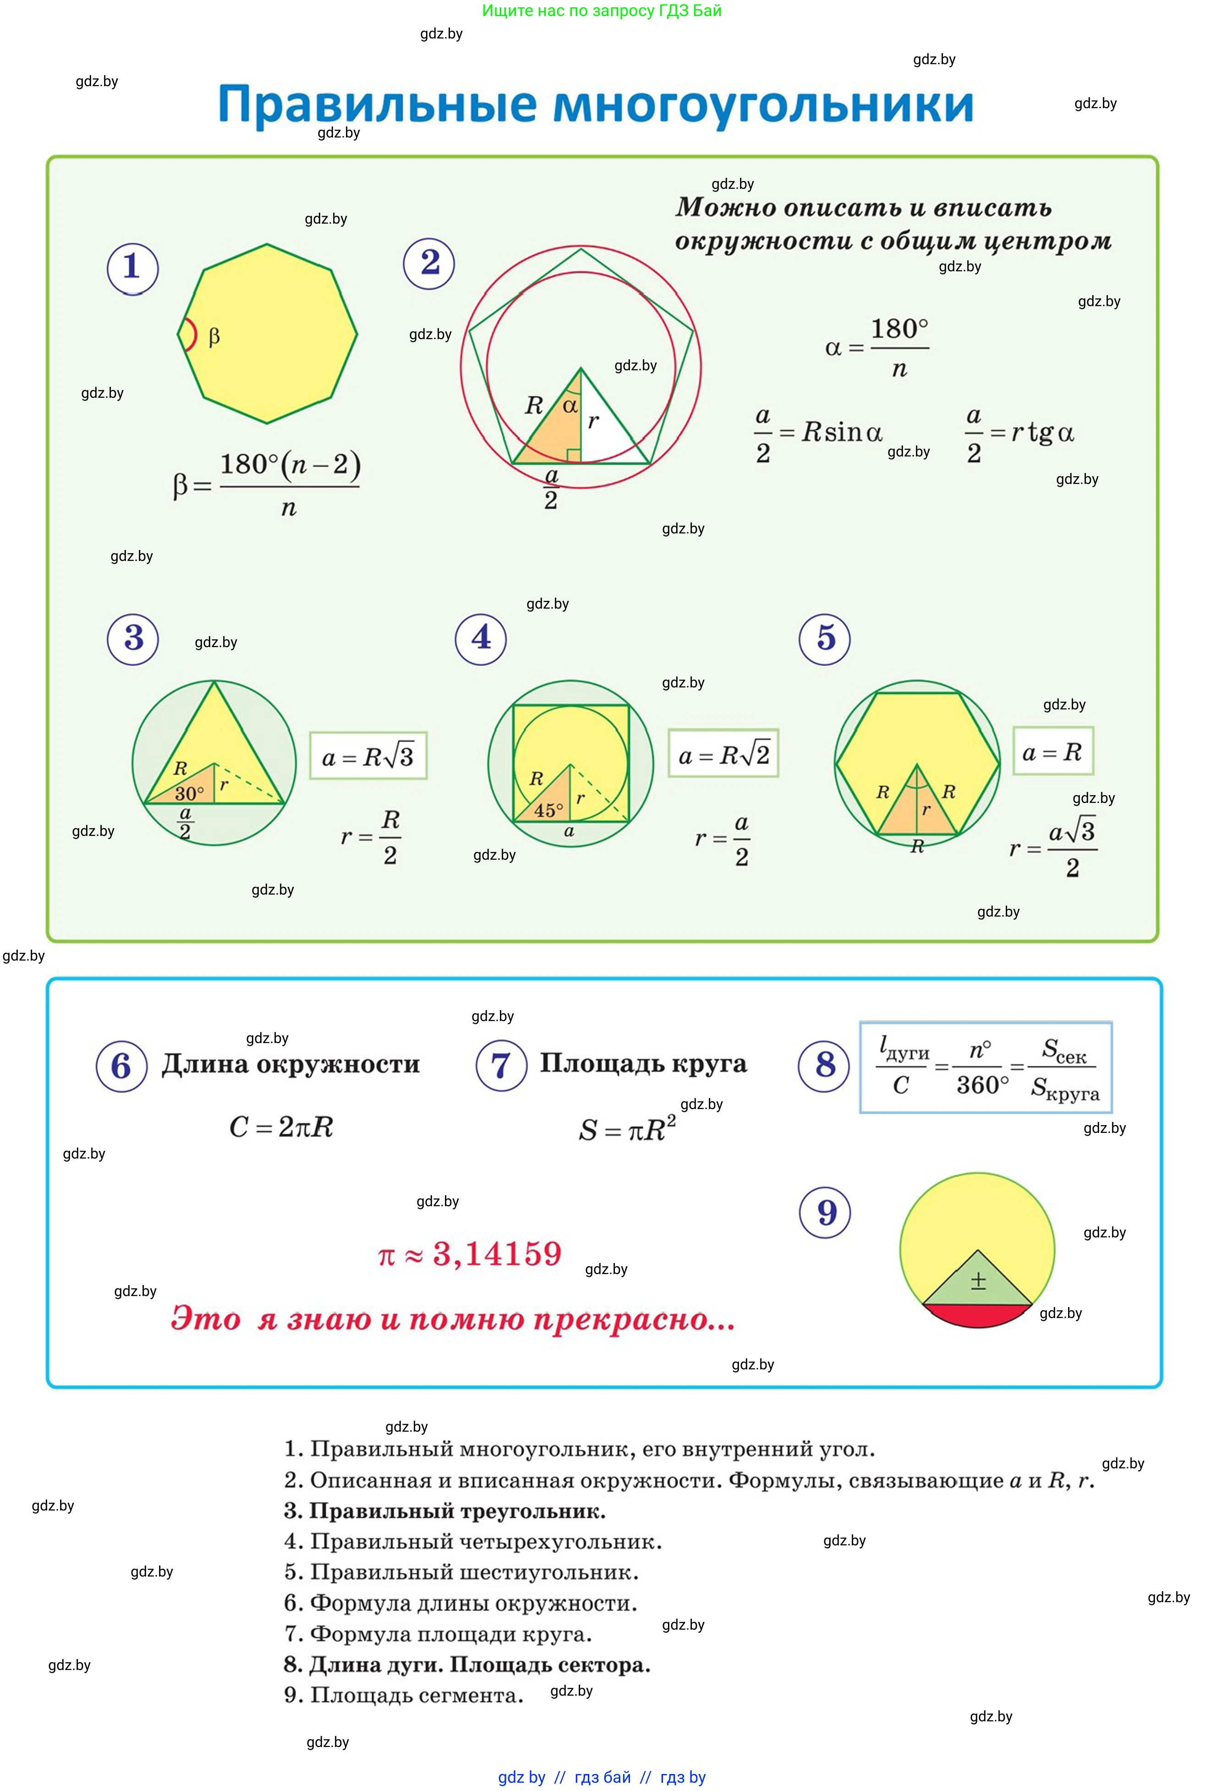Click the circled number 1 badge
point(132,268)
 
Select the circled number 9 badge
point(825,1212)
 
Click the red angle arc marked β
point(189,335)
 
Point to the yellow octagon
point(268,334)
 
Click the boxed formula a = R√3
point(368,756)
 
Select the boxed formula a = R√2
point(723,753)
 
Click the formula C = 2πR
point(281,1127)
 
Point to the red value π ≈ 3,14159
point(471,1254)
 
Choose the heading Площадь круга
point(643,1063)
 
